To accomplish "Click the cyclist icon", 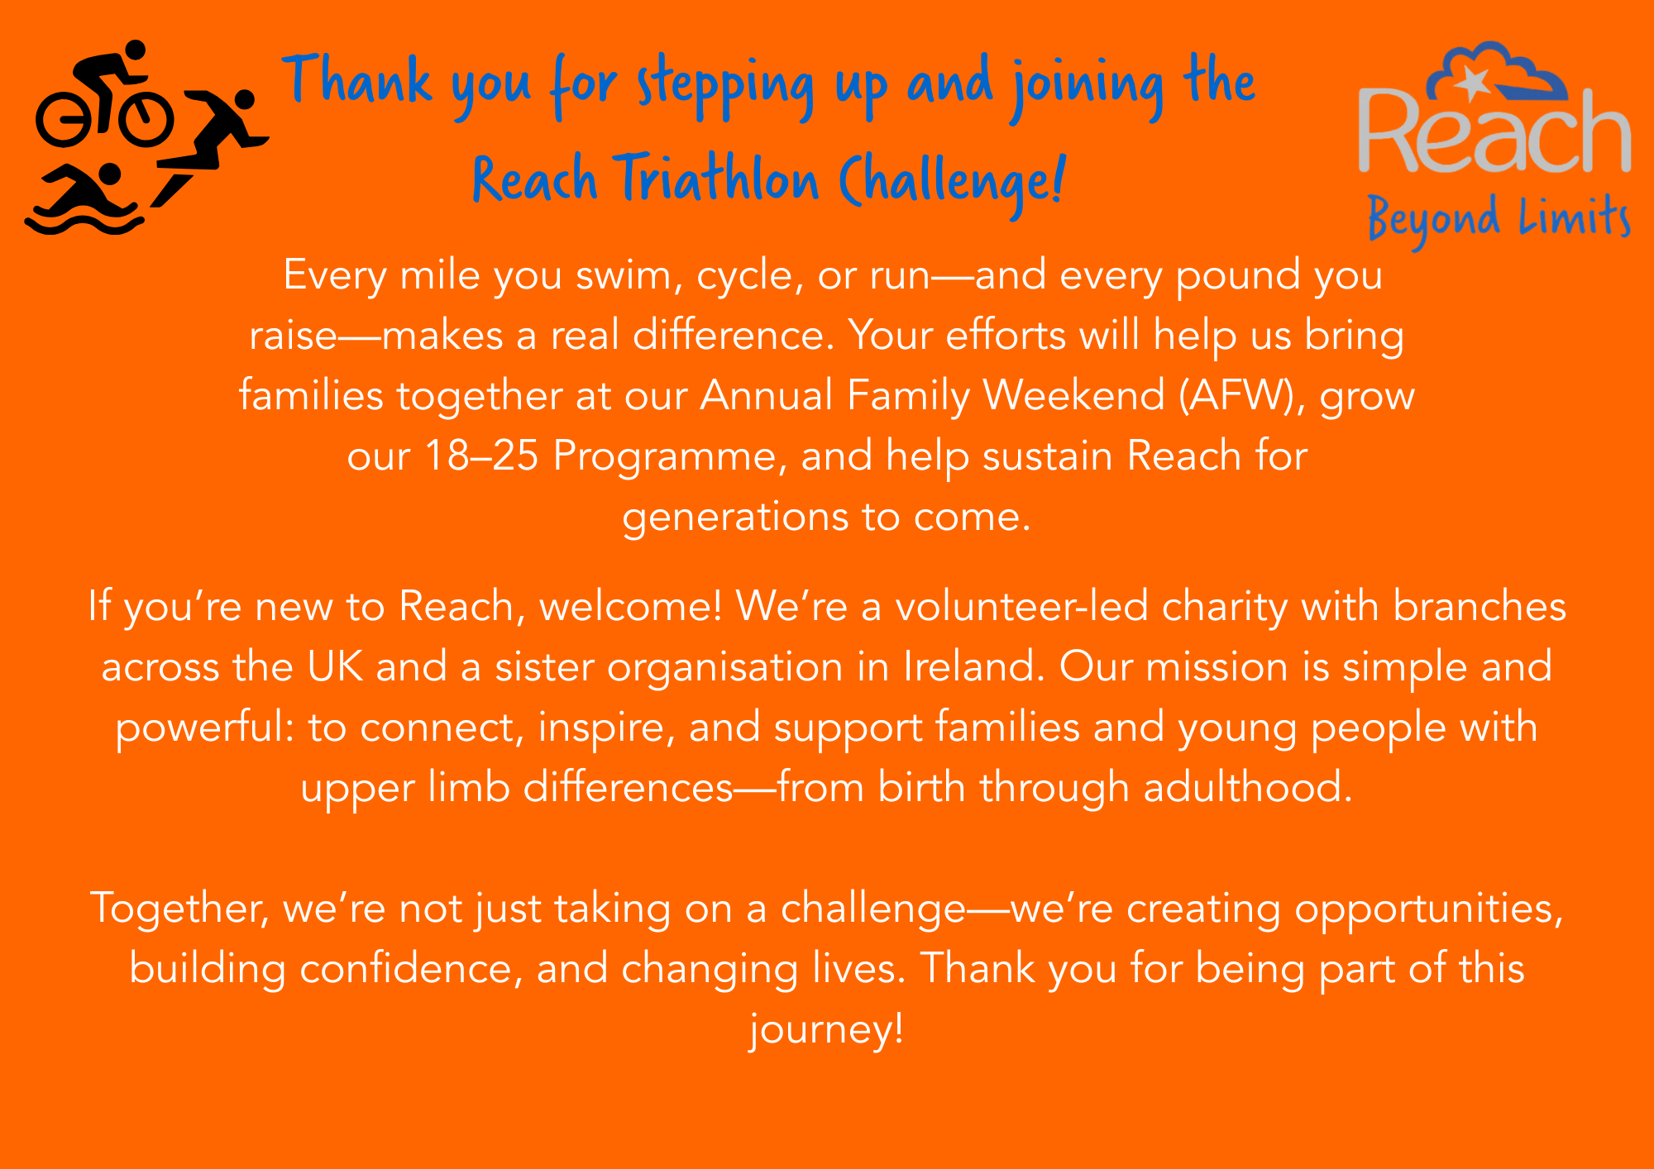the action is (x=105, y=93).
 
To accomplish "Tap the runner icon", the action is (x=211, y=145).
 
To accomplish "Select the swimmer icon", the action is (x=83, y=198).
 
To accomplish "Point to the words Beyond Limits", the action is (x=1499, y=220).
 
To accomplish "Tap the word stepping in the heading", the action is (x=724, y=88).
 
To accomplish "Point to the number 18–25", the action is (x=481, y=456).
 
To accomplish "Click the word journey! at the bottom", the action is (x=826, y=1030).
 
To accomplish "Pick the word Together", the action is (x=179, y=909).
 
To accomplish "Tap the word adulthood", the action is (x=1248, y=787).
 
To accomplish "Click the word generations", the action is (x=735, y=518).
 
